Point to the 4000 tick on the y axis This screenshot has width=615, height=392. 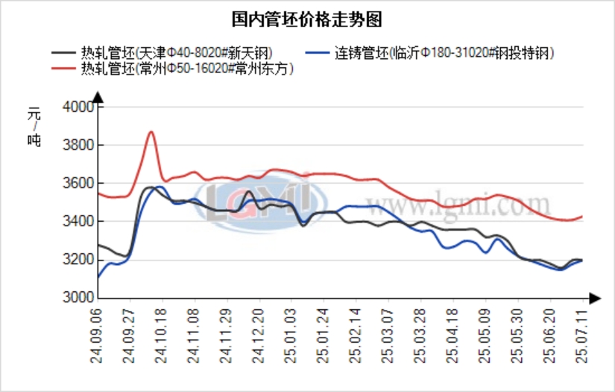coord(78,107)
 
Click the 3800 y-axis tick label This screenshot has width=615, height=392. coord(78,145)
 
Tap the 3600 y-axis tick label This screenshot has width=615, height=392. coord(78,183)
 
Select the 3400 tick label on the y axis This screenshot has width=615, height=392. coord(78,221)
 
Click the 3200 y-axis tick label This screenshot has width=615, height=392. coord(78,259)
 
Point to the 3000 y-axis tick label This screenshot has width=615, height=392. coord(78,297)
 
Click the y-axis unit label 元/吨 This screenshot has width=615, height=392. coord(35,126)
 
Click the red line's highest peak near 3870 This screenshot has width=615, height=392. coord(151,132)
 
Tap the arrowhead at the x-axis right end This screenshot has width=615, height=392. coord(594,298)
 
